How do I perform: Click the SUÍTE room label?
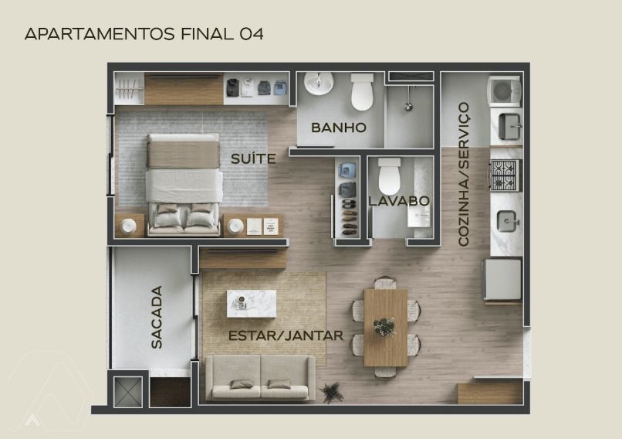pos(253,158)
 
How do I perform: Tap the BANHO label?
pos(338,128)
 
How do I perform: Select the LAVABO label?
pos(399,201)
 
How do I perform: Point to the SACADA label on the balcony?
pos(157,317)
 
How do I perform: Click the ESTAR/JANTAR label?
pos(286,335)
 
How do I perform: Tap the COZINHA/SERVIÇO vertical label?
pos(463,174)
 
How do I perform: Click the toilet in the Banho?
pos(362,92)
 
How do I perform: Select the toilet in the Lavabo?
pos(390,175)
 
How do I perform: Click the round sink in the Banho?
pos(319,83)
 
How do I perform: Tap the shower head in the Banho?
pos(408,106)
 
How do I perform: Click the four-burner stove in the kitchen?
pos(505,175)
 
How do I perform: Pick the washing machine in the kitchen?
pos(504,91)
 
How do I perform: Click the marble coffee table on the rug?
pos(252,304)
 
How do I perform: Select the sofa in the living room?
pos(261,377)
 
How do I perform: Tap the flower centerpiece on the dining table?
pos(384,327)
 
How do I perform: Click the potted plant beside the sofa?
pos(332,392)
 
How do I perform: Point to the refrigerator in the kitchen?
pos(502,279)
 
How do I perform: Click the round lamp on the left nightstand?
pos(129,226)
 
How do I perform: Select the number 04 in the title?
pos(251,34)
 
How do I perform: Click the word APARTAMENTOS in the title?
pos(100,34)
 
